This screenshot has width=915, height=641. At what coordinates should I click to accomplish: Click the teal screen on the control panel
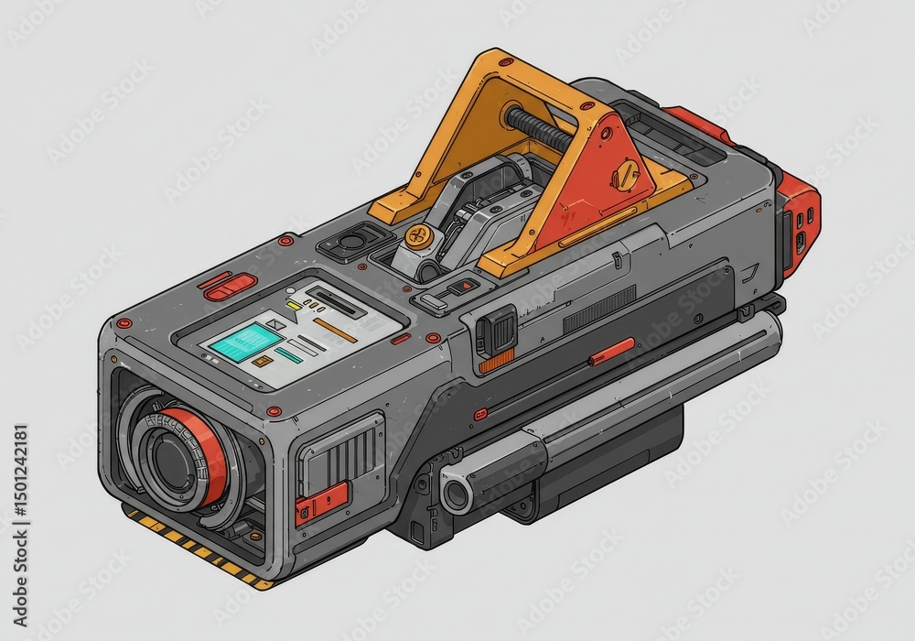tap(245, 341)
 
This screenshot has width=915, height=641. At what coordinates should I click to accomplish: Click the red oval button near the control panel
tap(230, 289)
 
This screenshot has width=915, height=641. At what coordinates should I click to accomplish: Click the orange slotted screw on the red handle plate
tap(626, 174)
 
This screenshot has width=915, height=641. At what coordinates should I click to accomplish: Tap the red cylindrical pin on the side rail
tap(612, 351)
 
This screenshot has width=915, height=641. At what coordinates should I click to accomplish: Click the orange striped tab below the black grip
tap(495, 364)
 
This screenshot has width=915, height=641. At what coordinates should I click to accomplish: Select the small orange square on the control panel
tap(262, 363)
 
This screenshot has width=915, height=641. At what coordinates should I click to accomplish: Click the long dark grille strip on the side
tap(599, 309)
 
